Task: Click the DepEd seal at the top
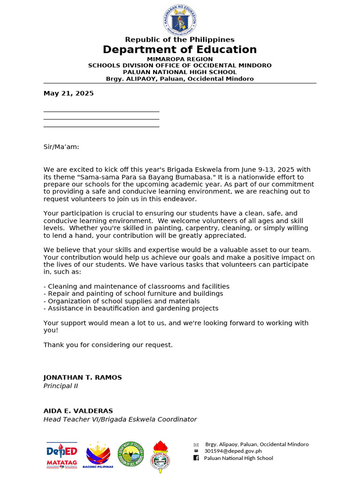pyautogui.click(x=180, y=19)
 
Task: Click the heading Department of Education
pyautogui.click(x=180, y=50)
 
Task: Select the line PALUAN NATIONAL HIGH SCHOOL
pyautogui.click(x=180, y=72)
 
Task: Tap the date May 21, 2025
pyautogui.click(x=68, y=93)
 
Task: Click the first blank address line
pyautogui.click(x=101, y=111)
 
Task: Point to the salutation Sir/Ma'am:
pyautogui.click(x=61, y=147)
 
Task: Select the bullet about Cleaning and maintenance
pyautogui.click(x=136, y=286)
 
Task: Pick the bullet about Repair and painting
pyautogui.click(x=133, y=293)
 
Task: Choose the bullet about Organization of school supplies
pyautogui.click(x=121, y=301)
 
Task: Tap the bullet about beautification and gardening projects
pyautogui.click(x=131, y=308)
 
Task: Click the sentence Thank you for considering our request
pyautogui.click(x=108, y=345)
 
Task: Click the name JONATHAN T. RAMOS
pyautogui.click(x=82, y=377)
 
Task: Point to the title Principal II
pyautogui.click(x=60, y=386)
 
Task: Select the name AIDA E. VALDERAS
pyautogui.click(x=78, y=411)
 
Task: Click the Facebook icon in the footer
pyautogui.click(x=196, y=458)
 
